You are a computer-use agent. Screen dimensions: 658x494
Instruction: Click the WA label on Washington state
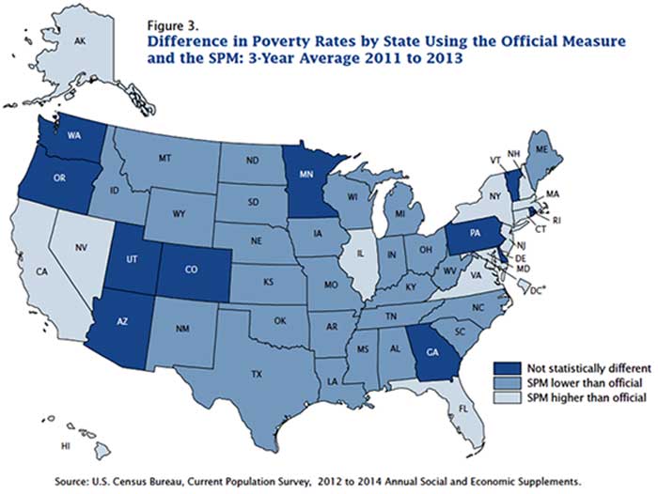[x=74, y=135]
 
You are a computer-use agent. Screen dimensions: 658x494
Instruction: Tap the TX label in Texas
[x=257, y=374]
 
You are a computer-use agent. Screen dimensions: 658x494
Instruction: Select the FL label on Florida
[x=462, y=409]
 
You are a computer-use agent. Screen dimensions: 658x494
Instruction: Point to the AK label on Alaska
[x=80, y=41]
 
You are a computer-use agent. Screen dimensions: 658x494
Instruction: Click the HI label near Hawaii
[x=65, y=447]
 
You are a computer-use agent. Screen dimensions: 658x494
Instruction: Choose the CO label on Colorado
[x=192, y=270]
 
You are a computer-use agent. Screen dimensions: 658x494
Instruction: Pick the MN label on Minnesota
[x=305, y=175]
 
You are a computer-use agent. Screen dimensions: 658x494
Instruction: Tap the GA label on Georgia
[x=432, y=352]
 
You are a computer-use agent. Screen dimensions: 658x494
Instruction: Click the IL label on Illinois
[x=360, y=254]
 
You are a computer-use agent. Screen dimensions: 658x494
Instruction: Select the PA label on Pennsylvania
[x=475, y=234]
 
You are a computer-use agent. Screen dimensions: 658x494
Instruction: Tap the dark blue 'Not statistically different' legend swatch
[x=508, y=368]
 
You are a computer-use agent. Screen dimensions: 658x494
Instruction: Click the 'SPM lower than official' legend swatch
[x=508, y=383]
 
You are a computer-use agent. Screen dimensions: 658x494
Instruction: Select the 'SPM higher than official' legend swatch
[x=508, y=397]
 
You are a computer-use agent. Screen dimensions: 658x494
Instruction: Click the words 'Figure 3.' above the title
[x=172, y=25]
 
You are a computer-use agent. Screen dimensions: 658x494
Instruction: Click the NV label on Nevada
[x=82, y=248]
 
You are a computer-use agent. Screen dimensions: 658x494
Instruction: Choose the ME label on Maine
[x=541, y=148]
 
